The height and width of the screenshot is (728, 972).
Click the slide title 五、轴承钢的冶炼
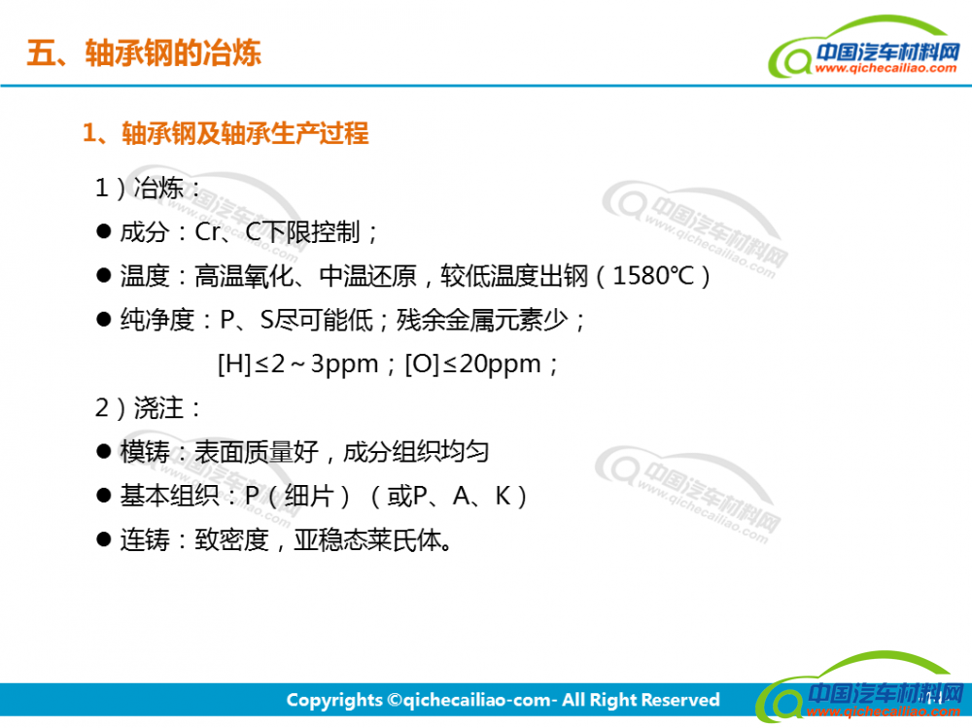tap(144, 52)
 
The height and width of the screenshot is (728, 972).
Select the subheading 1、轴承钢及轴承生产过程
tap(226, 133)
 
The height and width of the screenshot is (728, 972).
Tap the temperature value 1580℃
tap(653, 275)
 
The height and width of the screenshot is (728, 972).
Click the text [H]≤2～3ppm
tap(297, 364)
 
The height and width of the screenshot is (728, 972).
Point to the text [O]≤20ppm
tap(473, 364)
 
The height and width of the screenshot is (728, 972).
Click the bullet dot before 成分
tap(104, 231)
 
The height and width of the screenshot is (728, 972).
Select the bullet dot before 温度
tap(104, 275)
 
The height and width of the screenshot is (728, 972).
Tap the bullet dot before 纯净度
tap(104, 320)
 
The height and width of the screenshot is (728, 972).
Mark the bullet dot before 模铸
tap(104, 451)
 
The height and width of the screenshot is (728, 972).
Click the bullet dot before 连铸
tap(104, 539)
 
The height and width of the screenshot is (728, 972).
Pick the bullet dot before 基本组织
tap(104, 496)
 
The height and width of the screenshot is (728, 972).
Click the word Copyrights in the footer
tap(334, 700)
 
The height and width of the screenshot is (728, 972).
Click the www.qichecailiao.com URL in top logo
tap(885, 68)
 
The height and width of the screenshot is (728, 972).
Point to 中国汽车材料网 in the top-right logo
tap(887, 52)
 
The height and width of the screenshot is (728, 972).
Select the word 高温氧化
tap(244, 275)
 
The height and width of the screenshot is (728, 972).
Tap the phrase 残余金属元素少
tap(482, 320)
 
